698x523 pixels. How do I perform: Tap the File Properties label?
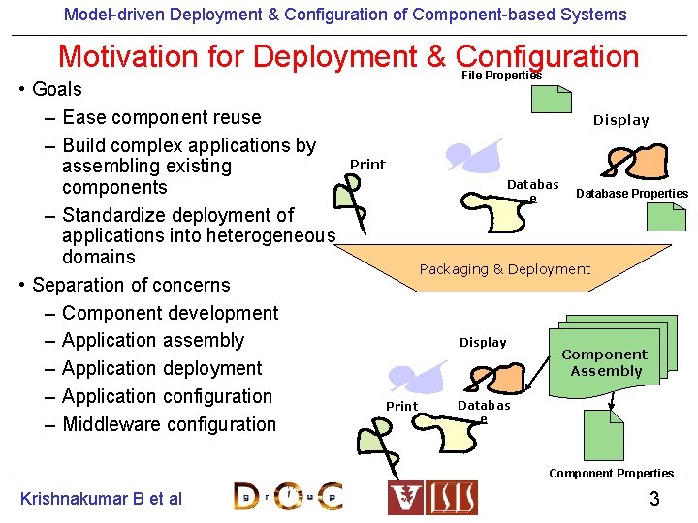pos(501,76)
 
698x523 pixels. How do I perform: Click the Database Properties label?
pos(632,194)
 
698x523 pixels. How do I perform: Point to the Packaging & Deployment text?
pos(504,269)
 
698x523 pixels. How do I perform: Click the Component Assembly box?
pos(605,362)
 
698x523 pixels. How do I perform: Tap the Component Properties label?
pos(611,473)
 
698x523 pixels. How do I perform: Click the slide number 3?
pos(654,499)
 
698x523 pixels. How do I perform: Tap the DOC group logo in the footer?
pos(288,497)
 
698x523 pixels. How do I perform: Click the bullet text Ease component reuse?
pos(161,117)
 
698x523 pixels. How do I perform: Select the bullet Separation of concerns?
pos(131,285)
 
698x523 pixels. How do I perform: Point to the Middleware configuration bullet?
pos(169,424)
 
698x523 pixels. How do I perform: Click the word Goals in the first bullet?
pos(57,89)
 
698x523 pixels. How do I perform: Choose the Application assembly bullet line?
pos(152,340)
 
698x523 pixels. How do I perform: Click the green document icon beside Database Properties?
pos(666,216)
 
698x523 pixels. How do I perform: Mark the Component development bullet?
pos(170,313)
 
